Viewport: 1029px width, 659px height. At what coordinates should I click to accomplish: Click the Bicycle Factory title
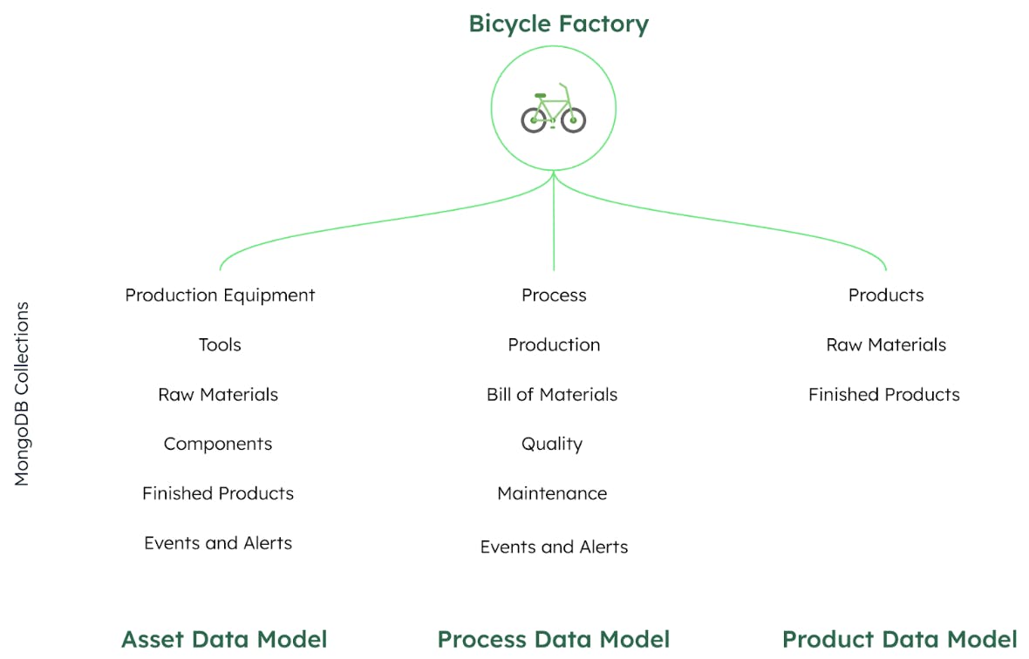(558, 24)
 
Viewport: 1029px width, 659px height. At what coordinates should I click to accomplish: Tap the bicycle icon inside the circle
(554, 109)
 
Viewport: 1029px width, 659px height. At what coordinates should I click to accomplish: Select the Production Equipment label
(220, 296)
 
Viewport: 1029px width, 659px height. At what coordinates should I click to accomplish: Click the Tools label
(220, 345)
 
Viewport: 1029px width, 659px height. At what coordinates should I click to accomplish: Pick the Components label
(218, 445)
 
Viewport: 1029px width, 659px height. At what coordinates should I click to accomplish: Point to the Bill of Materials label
(552, 395)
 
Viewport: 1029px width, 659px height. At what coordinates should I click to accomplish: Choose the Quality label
(552, 445)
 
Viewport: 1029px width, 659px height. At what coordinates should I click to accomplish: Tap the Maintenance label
(552, 494)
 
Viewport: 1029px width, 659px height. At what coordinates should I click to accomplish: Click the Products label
(886, 296)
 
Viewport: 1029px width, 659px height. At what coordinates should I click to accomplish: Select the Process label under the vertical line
(554, 296)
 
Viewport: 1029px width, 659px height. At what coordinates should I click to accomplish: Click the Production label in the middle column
(554, 345)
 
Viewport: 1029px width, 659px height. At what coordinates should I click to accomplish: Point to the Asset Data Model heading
(224, 639)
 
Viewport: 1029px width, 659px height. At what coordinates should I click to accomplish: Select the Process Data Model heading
(554, 639)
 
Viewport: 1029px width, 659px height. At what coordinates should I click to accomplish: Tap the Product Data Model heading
(899, 639)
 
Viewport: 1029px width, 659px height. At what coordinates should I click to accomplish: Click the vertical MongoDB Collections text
(23, 394)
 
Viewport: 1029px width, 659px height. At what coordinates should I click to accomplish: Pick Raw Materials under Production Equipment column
(218, 395)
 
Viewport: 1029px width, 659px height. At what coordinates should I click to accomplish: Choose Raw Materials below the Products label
(886, 345)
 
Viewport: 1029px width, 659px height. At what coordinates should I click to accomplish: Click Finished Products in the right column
(884, 395)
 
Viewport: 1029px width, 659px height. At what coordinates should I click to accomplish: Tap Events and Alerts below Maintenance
(554, 547)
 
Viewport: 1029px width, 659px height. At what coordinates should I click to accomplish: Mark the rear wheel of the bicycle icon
(534, 120)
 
